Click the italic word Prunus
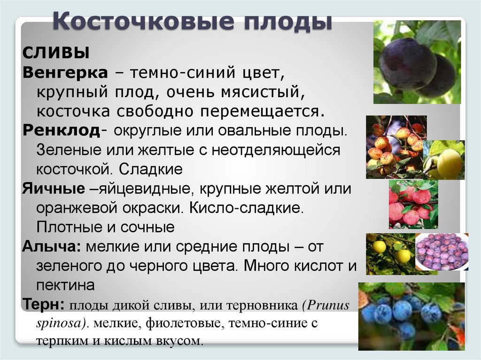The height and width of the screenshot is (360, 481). pos(329,305)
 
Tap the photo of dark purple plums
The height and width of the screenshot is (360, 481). pos(417,62)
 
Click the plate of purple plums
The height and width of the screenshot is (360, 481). pos(442,252)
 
